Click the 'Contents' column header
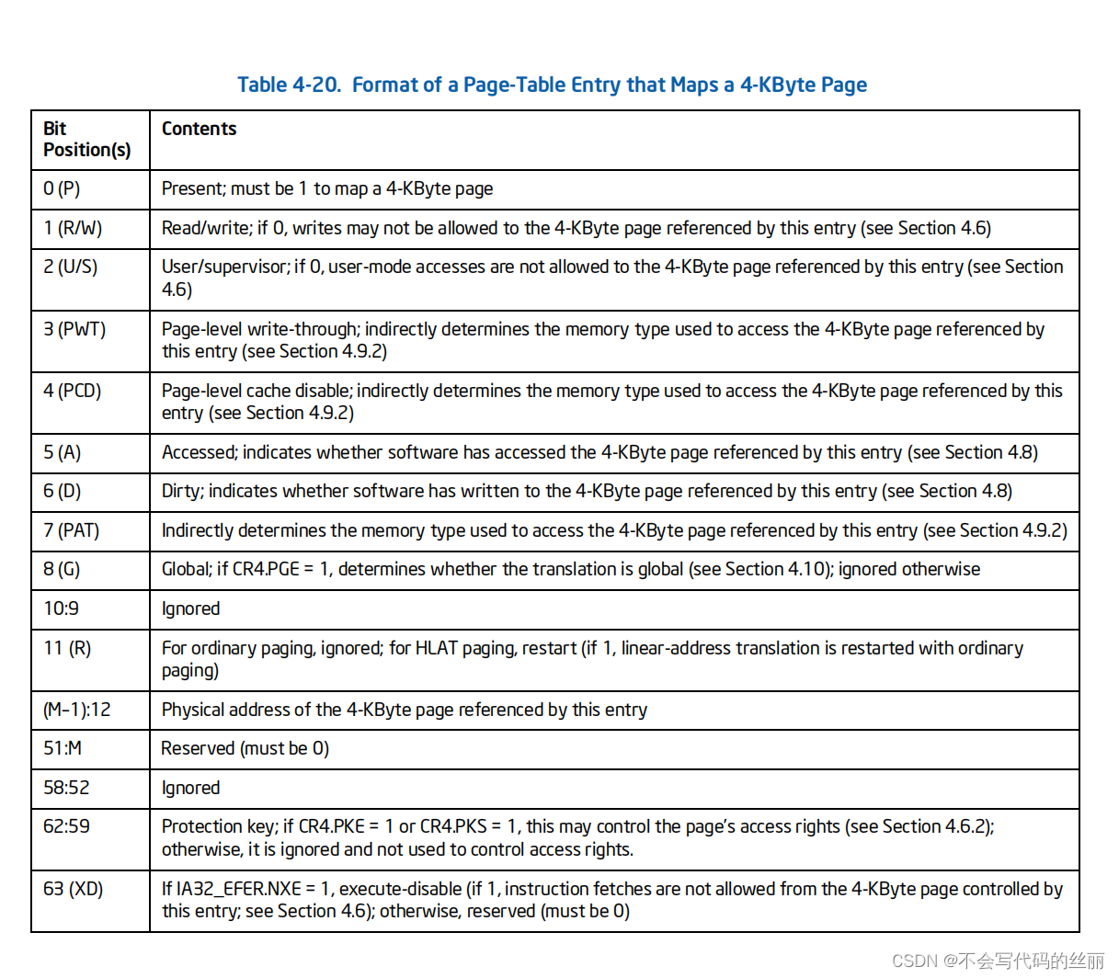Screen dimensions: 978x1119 click(x=199, y=129)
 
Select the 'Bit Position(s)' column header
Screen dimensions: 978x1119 click(x=86, y=139)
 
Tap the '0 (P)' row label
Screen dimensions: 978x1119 click(x=62, y=188)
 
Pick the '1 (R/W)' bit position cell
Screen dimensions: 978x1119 click(x=73, y=228)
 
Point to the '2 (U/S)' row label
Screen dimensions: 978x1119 click(x=70, y=267)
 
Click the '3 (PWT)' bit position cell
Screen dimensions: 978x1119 click(x=74, y=329)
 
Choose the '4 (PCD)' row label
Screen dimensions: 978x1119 click(x=72, y=391)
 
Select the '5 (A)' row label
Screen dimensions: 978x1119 click(x=62, y=452)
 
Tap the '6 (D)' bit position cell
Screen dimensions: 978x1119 click(x=62, y=491)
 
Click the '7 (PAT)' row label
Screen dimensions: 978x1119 click(x=71, y=530)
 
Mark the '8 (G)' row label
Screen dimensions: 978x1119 click(x=62, y=569)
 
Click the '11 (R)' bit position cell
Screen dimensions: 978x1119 click(x=67, y=648)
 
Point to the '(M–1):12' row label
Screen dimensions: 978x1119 click(x=76, y=710)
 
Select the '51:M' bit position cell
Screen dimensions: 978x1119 click(x=63, y=748)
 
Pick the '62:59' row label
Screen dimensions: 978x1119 click(x=66, y=826)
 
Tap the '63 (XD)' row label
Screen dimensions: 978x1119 click(x=73, y=889)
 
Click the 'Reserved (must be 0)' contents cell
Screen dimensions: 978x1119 click(x=245, y=748)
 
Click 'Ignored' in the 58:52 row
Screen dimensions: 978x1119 click(x=190, y=788)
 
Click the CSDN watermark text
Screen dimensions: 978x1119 click(x=999, y=961)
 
